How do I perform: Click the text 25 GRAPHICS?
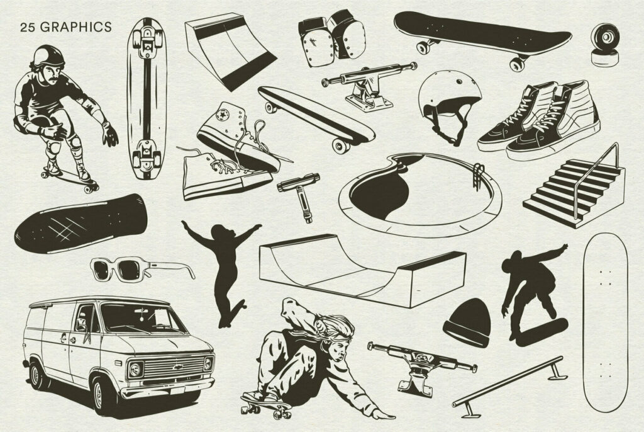click(65, 27)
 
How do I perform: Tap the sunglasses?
click(142, 270)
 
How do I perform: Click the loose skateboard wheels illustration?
click(605, 43)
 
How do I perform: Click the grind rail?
click(509, 382)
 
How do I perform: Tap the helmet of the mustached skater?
click(48, 55)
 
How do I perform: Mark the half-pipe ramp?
click(363, 270)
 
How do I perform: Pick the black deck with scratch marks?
click(80, 224)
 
